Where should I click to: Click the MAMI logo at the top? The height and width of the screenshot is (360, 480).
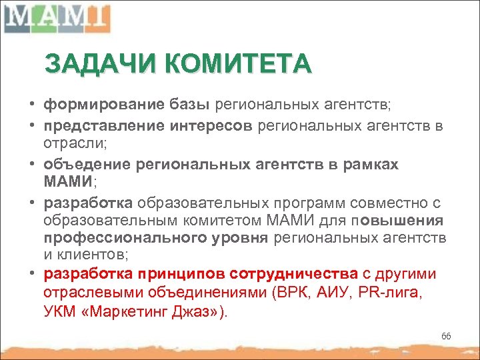tap(56, 18)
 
